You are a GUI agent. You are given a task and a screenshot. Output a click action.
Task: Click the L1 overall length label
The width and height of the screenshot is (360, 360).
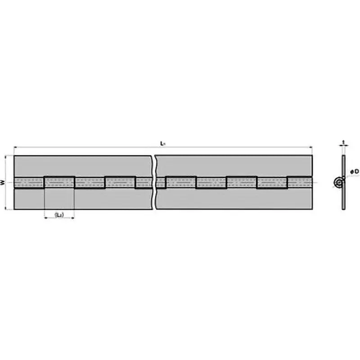click(162, 143)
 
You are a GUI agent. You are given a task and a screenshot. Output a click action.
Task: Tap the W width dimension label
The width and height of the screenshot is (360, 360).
click(3, 182)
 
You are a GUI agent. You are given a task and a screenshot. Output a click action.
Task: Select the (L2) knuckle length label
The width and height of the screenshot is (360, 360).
click(59, 215)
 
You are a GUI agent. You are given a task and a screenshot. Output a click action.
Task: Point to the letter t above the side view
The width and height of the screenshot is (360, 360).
click(343, 142)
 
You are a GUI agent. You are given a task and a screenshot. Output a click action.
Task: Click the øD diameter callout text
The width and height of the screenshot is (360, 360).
click(354, 171)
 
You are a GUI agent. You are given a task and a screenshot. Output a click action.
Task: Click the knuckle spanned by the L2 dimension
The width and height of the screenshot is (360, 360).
click(59, 182)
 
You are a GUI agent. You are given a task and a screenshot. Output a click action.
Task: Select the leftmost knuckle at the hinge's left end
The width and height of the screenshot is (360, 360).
click(29, 183)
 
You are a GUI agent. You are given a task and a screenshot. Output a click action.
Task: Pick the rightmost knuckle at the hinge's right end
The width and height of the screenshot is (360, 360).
click(300, 183)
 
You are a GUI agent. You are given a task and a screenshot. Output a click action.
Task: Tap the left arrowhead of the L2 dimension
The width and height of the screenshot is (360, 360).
click(45, 218)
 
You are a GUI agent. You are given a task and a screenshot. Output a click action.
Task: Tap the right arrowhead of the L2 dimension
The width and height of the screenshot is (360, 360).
click(73, 218)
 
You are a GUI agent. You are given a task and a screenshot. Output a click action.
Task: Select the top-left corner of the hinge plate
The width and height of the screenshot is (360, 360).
click(14, 156)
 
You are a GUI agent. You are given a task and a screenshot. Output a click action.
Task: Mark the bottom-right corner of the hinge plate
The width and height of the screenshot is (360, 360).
click(312, 209)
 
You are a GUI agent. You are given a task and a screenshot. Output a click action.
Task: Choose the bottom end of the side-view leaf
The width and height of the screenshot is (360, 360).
click(343, 208)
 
